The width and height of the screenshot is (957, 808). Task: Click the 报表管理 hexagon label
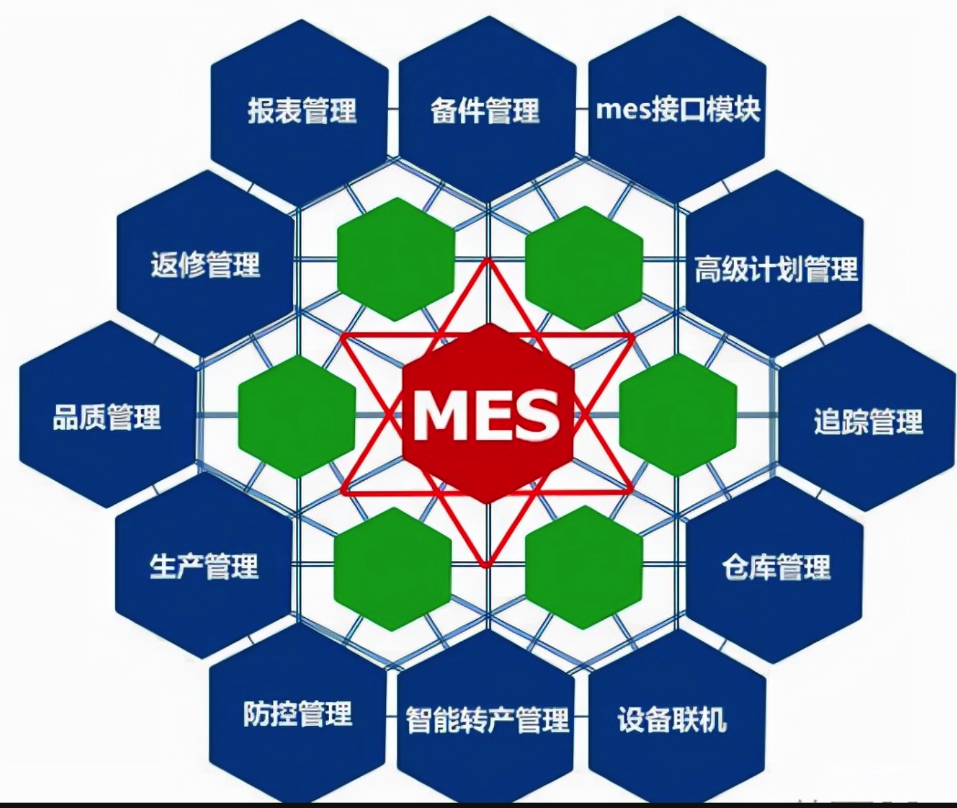point(301,111)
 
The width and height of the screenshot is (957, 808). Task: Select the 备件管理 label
point(485,111)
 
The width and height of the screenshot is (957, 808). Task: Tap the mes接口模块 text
point(678,109)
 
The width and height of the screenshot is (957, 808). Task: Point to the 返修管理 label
point(206,264)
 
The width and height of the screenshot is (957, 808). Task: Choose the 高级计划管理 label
point(776,269)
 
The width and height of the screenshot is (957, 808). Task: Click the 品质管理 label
point(107,417)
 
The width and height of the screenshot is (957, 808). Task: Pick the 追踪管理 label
point(868,422)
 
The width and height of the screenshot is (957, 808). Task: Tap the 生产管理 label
point(204,566)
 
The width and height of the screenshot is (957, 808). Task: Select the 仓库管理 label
point(776,567)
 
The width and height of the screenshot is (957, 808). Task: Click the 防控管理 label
point(298,714)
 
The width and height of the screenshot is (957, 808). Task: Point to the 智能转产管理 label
point(487,720)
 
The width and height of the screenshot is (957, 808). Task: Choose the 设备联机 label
point(672,720)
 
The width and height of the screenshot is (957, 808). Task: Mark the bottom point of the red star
point(487,565)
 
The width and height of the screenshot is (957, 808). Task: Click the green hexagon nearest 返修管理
point(396,259)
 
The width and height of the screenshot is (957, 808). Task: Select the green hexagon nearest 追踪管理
point(677,415)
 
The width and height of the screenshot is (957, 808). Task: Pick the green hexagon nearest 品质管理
point(297,417)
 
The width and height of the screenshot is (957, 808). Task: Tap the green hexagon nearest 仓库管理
point(584,567)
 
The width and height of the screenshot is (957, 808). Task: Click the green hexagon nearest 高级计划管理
point(584,267)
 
